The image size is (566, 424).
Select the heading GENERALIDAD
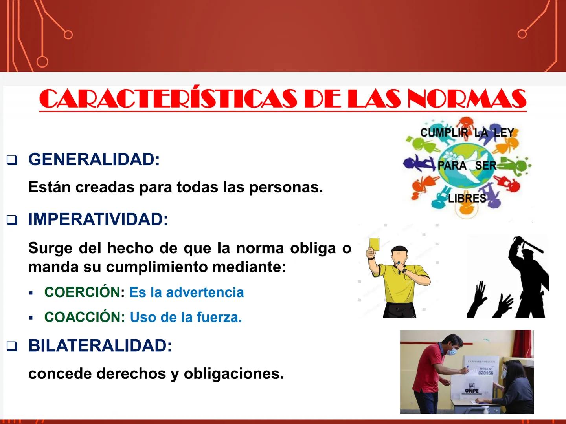coord(94,159)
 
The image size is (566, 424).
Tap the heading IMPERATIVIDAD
coord(98,219)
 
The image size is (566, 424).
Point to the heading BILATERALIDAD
coord(100,345)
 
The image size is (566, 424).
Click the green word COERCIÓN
coord(82,292)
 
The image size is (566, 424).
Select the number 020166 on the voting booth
coord(485,373)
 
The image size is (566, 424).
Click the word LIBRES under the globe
coord(467,198)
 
